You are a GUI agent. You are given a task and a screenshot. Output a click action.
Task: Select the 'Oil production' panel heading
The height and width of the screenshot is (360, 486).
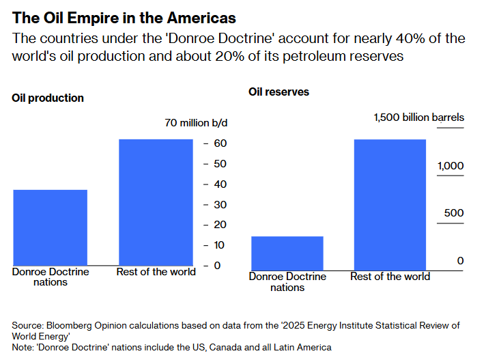point(48,98)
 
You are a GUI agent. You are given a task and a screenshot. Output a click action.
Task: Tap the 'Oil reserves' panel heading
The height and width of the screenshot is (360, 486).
point(278,92)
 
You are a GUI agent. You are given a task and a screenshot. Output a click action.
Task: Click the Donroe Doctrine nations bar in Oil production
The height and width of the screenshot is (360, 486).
point(51,227)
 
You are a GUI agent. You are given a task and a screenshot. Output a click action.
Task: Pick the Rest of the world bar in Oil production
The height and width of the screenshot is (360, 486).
point(156,202)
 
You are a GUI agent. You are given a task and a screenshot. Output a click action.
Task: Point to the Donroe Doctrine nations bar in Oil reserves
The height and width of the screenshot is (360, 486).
point(287,253)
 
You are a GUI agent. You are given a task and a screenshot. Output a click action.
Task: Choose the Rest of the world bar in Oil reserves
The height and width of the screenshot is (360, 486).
point(390,204)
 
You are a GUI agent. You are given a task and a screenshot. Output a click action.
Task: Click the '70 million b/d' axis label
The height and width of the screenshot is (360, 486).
point(196,123)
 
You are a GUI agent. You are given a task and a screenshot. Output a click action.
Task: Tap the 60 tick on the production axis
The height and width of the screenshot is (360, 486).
point(220,143)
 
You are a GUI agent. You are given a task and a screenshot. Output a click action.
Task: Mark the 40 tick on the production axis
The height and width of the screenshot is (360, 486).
point(220,184)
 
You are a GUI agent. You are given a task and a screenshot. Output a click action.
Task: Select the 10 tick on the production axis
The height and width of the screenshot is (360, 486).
point(220,245)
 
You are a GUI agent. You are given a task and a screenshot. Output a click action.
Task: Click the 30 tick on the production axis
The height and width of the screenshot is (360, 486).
point(220,204)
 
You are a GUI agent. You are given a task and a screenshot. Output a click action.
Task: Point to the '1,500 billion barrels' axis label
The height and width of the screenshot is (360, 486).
point(418,117)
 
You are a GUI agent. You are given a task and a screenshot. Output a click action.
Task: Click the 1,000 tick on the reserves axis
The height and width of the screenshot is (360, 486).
point(450,166)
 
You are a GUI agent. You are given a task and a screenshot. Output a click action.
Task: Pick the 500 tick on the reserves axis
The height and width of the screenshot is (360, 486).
point(453,213)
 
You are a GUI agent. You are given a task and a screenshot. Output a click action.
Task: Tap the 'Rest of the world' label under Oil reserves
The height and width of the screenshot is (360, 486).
point(390,277)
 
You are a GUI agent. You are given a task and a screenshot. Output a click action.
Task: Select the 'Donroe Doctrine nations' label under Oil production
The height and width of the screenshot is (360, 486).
point(51,277)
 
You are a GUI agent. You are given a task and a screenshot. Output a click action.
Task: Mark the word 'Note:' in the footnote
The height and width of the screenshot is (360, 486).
point(25,347)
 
